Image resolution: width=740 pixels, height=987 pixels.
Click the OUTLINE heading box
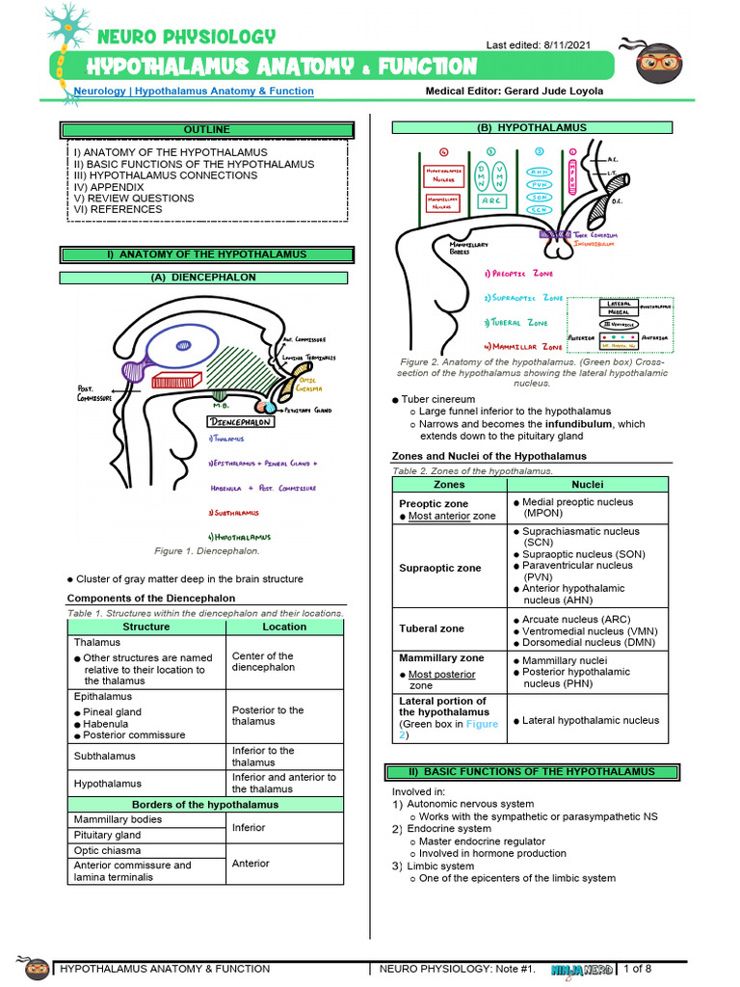(x=207, y=129)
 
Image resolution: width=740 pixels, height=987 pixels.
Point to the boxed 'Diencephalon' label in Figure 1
(x=241, y=422)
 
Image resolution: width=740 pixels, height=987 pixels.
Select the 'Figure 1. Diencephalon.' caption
(x=208, y=551)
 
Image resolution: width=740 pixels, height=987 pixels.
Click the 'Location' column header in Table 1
(x=284, y=627)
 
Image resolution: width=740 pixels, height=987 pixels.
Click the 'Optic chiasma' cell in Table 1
(x=108, y=851)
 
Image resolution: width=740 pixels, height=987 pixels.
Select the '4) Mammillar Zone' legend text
(x=524, y=345)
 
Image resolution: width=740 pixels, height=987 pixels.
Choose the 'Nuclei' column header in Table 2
(x=588, y=485)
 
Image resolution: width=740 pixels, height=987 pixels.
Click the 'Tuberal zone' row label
(x=432, y=628)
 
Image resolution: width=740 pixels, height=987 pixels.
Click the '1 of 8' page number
(x=639, y=968)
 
